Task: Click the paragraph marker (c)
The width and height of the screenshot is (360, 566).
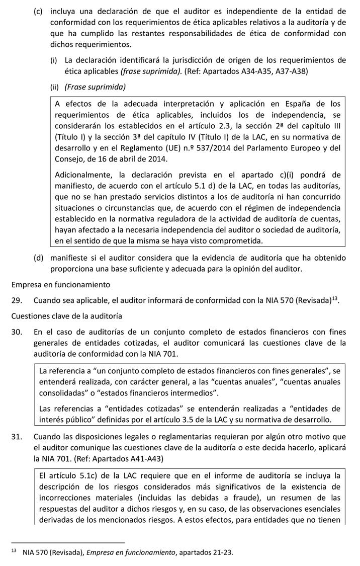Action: point(38,11)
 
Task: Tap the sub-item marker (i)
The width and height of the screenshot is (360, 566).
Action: point(53,60)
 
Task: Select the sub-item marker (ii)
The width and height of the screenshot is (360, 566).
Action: point(54,87)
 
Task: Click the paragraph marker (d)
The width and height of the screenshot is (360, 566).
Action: point(38,258)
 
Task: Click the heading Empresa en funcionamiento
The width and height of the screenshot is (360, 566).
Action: point(60,285)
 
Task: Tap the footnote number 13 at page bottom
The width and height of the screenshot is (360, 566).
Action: point(14,551)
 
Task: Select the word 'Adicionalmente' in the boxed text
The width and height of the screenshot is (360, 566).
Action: point(82,175)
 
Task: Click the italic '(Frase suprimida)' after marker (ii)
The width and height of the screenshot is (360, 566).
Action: point(95,87)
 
